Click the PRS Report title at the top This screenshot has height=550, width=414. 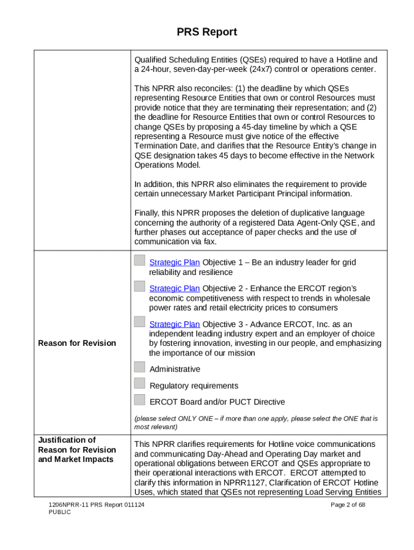207,32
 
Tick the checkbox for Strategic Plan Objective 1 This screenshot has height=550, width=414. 140,260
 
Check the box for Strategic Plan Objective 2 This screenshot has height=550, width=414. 140,286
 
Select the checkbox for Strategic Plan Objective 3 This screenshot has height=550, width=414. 140,322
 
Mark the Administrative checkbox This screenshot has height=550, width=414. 140,367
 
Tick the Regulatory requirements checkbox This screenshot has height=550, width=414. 140,383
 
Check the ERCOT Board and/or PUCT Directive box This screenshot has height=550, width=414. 140,400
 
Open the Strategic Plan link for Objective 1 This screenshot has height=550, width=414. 174,263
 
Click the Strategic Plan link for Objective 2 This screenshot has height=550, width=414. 174,288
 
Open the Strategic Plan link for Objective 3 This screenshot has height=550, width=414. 174,324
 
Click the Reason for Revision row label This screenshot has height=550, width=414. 77,343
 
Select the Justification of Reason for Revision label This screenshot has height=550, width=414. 77,450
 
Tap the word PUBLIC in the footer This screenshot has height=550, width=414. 59,512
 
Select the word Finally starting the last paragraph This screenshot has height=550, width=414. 147,213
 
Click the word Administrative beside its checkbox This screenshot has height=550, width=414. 175,370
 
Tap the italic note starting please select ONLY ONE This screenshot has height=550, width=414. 255,423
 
